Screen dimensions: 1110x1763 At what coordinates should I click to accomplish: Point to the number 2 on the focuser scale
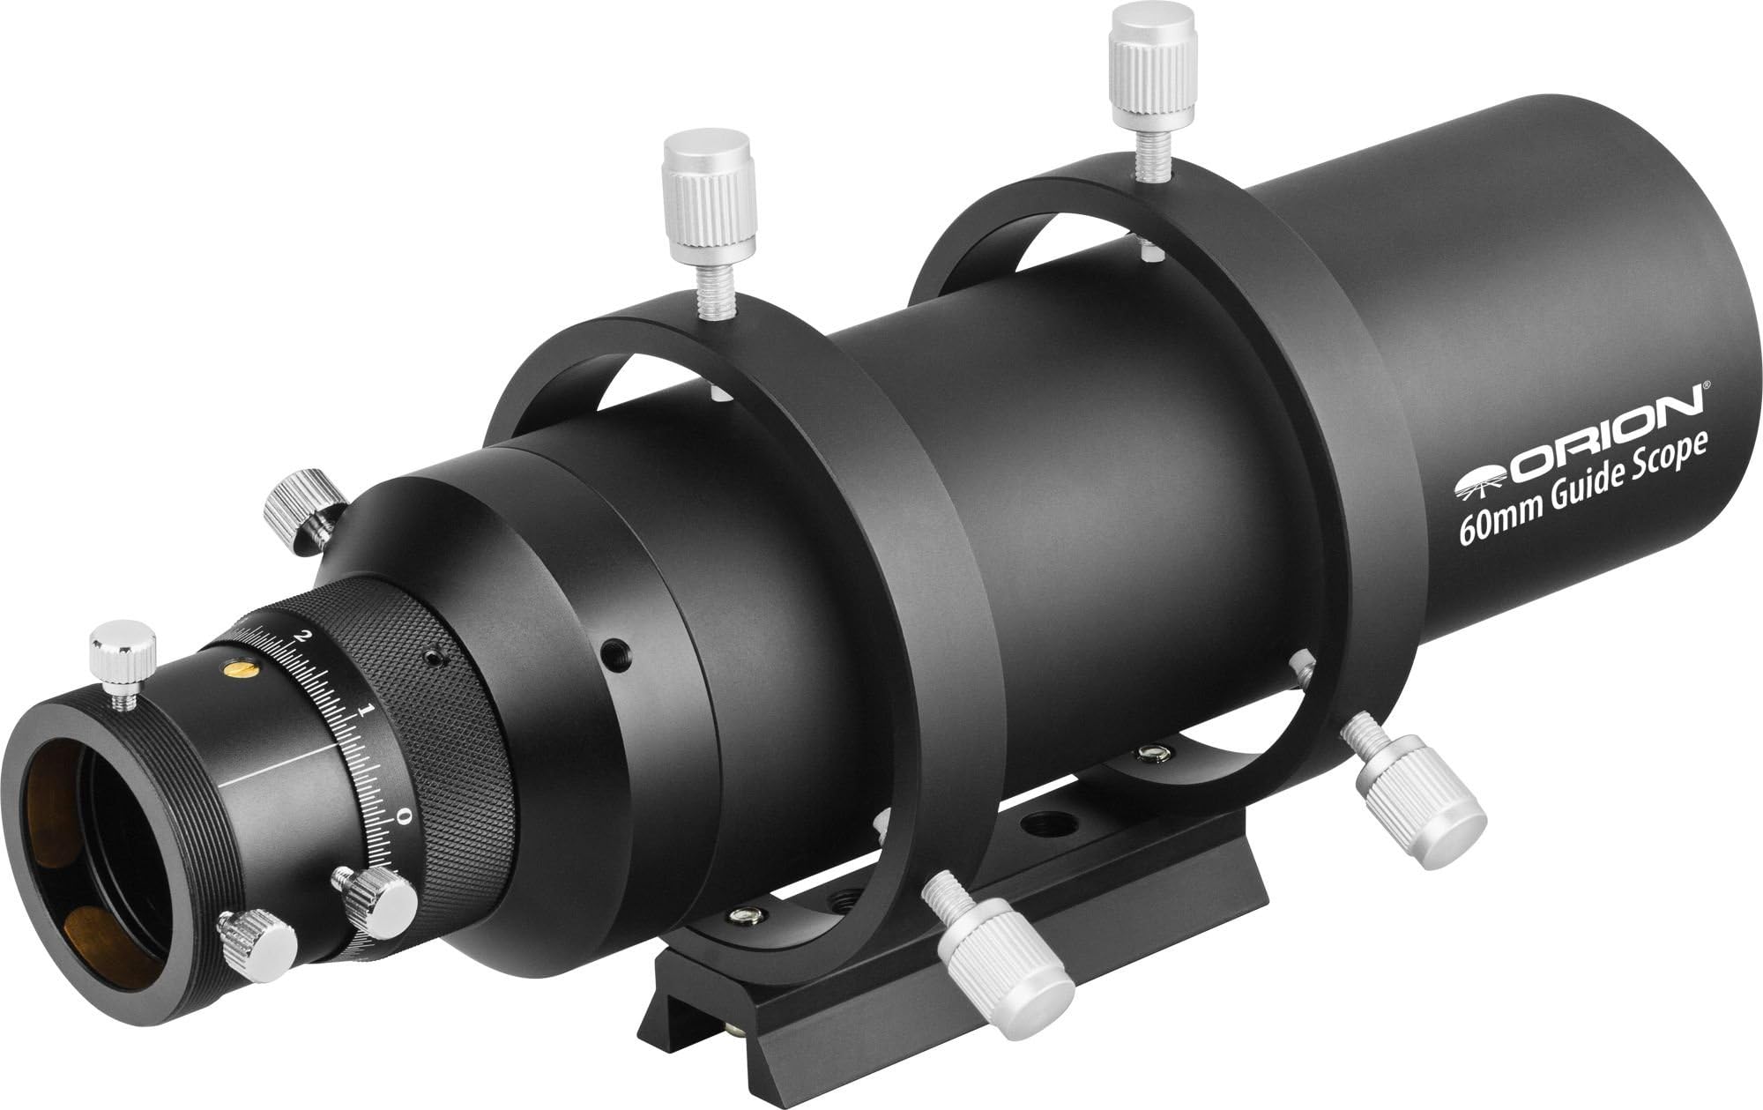pyautogui.click(x=304, y=636)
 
